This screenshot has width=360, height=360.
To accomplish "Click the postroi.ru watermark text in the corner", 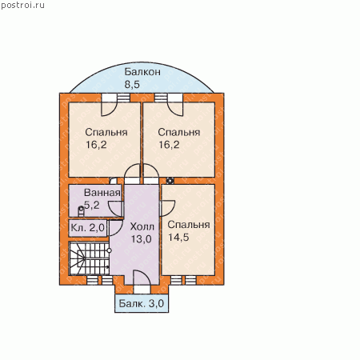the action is point(22,5).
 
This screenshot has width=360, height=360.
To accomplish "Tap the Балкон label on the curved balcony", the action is point(142,72).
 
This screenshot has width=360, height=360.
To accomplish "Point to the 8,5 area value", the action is point(132,84).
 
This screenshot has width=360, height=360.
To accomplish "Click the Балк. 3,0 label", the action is point(141,303).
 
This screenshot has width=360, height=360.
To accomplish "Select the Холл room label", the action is point(142,226).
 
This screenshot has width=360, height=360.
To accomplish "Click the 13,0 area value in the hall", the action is point(142,239).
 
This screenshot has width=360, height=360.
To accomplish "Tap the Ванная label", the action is point(102,193).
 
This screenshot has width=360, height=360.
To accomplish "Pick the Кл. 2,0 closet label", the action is point(87,228).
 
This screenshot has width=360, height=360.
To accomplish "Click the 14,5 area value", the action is point(178,237).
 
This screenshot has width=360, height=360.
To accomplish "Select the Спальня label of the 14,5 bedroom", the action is point(189,225).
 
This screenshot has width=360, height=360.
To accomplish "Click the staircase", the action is point(89,258).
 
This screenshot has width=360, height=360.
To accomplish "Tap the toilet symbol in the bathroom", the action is point(81,211).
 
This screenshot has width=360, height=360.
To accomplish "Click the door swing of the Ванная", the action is point(116,209).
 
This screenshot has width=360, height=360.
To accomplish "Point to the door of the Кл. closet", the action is point(117,227).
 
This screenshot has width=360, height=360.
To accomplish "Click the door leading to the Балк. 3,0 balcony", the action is point(142,282).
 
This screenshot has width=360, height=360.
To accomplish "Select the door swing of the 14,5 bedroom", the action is point(167,208).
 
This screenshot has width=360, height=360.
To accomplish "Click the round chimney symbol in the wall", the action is point(170,181).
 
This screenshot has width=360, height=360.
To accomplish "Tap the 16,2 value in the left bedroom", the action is point(96,145).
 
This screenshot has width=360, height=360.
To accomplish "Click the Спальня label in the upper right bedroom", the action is point(179,132).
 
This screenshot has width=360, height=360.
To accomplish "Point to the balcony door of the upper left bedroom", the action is point(109,106).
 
